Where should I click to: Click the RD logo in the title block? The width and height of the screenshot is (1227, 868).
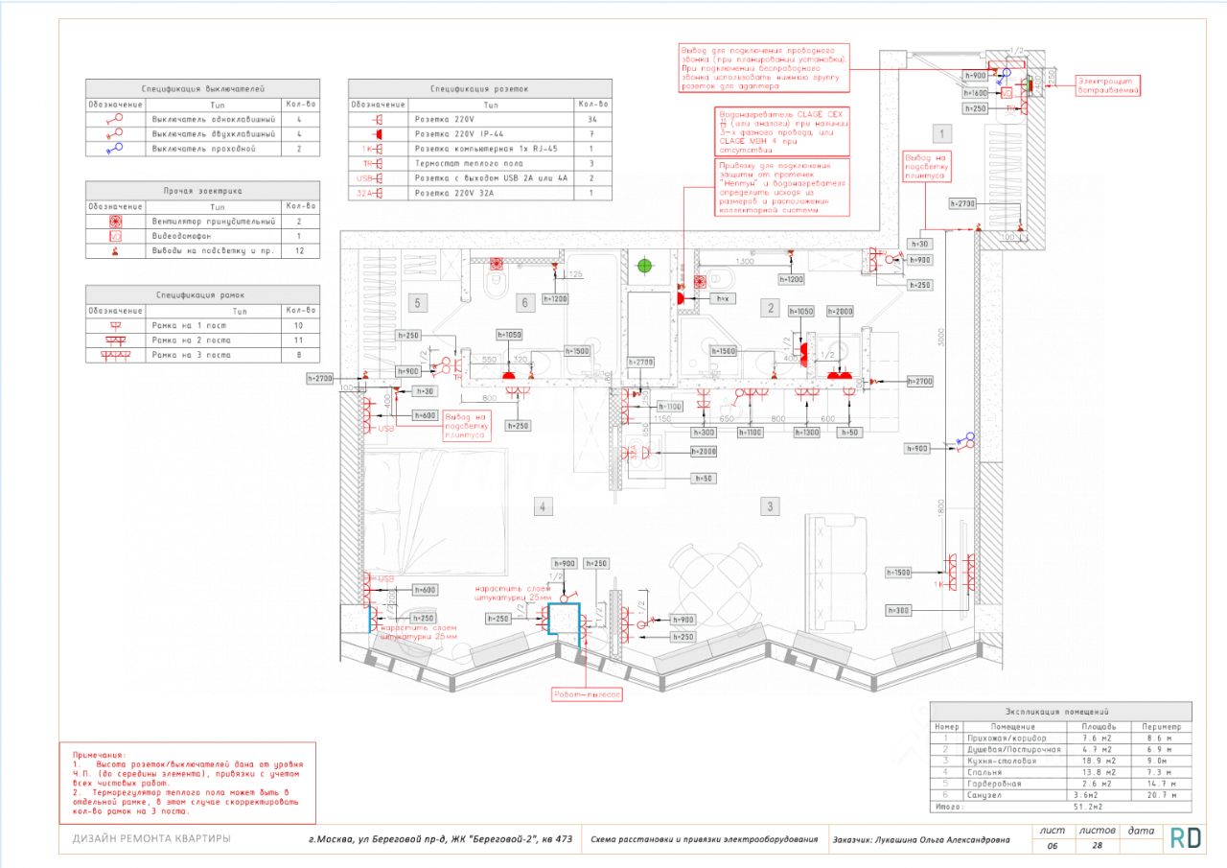[x=1186, y=837]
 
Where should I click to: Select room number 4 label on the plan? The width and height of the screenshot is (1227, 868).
[x=543, y=506]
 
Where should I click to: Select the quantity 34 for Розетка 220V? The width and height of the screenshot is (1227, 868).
[x=591, y=120]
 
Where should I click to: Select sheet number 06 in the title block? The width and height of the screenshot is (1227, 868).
[x=1052, y=847]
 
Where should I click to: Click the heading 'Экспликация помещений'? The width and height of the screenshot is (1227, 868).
[x=1060, y=713]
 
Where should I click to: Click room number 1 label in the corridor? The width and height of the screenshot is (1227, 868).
[x=942, y=133]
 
